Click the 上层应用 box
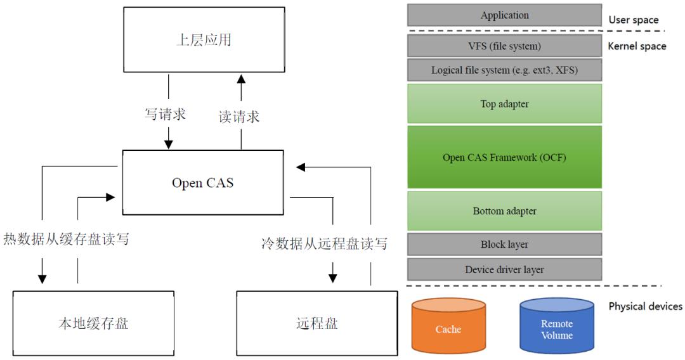click(x=202, y=41)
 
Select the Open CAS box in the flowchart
click(x=202, y=183)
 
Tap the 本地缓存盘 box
click(x=93, y=323)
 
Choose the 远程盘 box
click(x=316, y=323)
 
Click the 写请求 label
click(x=165, y=115)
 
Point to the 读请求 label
click(x=239, y=117)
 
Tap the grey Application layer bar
click(x=504, y=15)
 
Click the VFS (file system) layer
click(x=504, y=46)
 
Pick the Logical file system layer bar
click(x=504, y=70)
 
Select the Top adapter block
click(x=504, y=104)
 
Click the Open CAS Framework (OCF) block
click(x=504, y=157)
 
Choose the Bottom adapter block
click(x=504, y=210)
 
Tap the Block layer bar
click(x=504, y=244)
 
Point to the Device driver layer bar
click(x=504, y=269)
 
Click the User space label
click(x=633, y=20)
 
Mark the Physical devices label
click(x=645, y=306)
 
